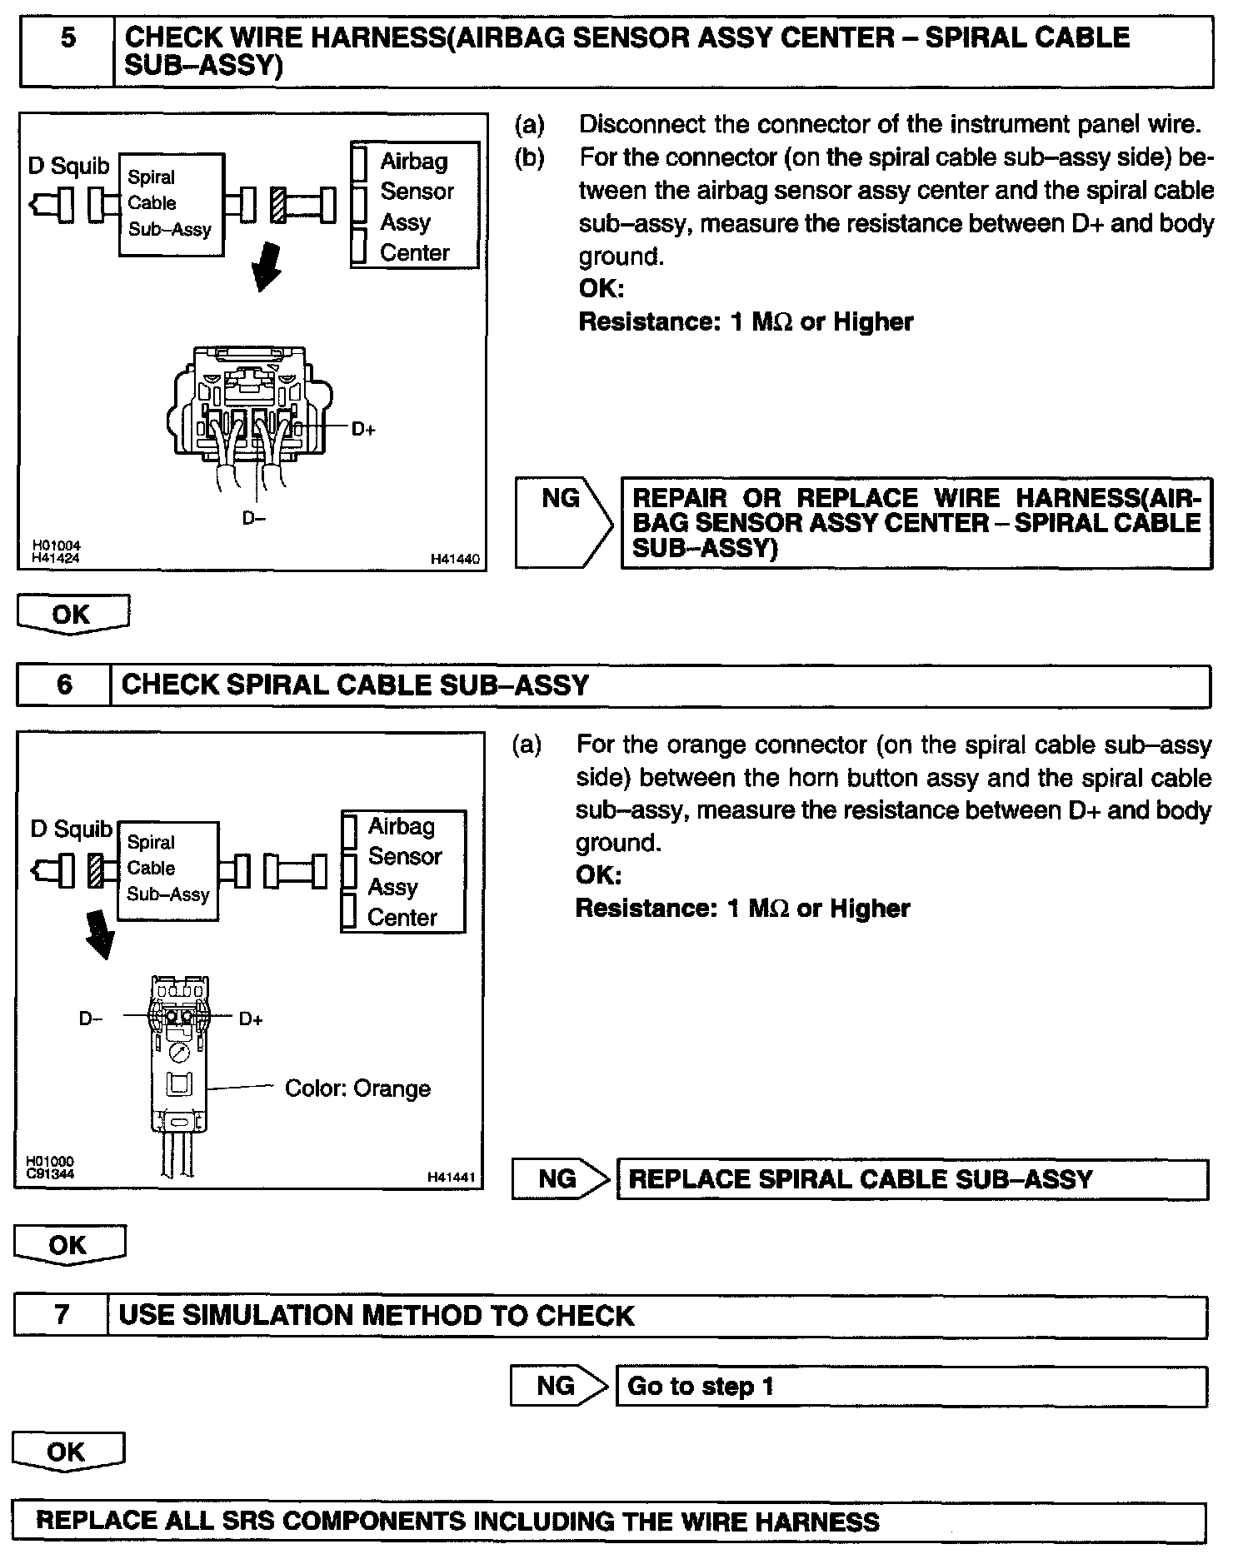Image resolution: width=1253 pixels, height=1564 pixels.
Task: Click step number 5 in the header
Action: click(x=68, y=38)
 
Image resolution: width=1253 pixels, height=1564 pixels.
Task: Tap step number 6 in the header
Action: click(x=65, y=685)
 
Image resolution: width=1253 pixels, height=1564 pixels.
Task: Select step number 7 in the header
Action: click(x=62, y=1315)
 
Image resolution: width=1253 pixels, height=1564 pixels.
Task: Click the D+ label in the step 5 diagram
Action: click(x=363, y=430)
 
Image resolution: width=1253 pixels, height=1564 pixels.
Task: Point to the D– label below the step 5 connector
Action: click(x=253, y=518)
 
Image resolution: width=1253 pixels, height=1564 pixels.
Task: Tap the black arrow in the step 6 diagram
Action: click(x=101, y=933)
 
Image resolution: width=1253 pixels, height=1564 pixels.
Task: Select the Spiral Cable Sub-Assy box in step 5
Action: click(x=171, y=204)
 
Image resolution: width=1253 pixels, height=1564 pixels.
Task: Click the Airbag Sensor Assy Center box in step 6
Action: click(x=403, y=871)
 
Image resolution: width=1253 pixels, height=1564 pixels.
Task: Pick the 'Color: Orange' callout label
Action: click(x=357, y=1088)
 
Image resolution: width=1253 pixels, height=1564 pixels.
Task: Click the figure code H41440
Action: click(x=455, y=560)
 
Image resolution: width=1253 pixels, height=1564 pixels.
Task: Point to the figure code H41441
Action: click(x=451, y=1178)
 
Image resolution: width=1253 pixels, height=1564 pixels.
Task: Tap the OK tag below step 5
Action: click(x=72, y=615)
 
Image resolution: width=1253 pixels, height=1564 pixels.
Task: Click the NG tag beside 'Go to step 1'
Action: click(x=557, y=1387)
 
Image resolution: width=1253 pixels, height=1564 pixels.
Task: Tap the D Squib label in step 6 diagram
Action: click(x=71, y=829)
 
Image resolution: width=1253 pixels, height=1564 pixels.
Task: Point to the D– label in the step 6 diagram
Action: click(x=91, y=1019)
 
